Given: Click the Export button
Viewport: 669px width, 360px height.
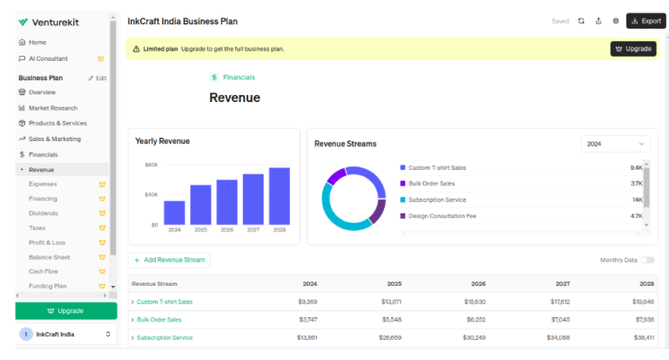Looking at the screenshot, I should click(645, 21).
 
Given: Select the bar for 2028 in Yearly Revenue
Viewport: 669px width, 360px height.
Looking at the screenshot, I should click(279, 196).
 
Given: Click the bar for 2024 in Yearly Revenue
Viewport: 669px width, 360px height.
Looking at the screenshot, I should click(174, 213).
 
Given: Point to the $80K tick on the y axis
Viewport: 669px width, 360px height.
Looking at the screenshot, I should click(152, 165).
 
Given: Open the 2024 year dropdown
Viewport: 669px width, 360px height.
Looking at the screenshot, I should click(616, 144).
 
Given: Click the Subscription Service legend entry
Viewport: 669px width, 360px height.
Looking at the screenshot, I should click(436, 200).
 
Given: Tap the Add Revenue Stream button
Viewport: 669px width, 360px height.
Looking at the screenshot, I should click(169, 260).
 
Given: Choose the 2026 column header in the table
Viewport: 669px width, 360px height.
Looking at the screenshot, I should click(478, 283).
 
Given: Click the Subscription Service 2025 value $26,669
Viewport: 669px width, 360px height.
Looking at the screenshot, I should click(392, 337).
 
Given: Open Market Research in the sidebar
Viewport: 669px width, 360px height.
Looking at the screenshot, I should click(53, 107).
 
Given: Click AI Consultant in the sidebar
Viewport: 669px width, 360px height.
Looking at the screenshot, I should click(48, 58).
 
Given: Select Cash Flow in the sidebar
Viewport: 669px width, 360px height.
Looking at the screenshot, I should click(44, 271).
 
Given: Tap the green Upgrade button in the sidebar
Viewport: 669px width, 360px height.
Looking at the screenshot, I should click(65, 310).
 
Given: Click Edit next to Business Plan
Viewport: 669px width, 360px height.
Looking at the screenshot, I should click(98, 78).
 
